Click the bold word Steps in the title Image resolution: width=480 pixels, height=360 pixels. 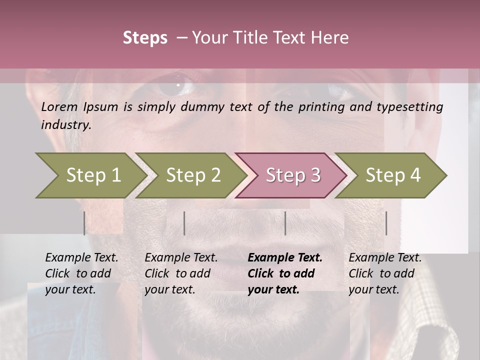145,37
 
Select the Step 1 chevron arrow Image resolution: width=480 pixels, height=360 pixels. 90,175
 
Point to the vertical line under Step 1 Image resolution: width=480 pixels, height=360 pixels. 84,223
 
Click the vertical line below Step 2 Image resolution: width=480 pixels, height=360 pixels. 184,223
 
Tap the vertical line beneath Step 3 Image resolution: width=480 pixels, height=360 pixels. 285,223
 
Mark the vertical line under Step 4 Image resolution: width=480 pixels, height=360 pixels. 386,223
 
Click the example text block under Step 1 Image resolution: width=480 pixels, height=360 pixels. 81,273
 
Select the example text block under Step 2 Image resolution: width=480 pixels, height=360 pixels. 181,273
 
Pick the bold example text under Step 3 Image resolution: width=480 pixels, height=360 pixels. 284,273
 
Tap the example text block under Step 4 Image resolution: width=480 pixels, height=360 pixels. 385,273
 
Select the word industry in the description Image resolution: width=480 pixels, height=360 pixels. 65,125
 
